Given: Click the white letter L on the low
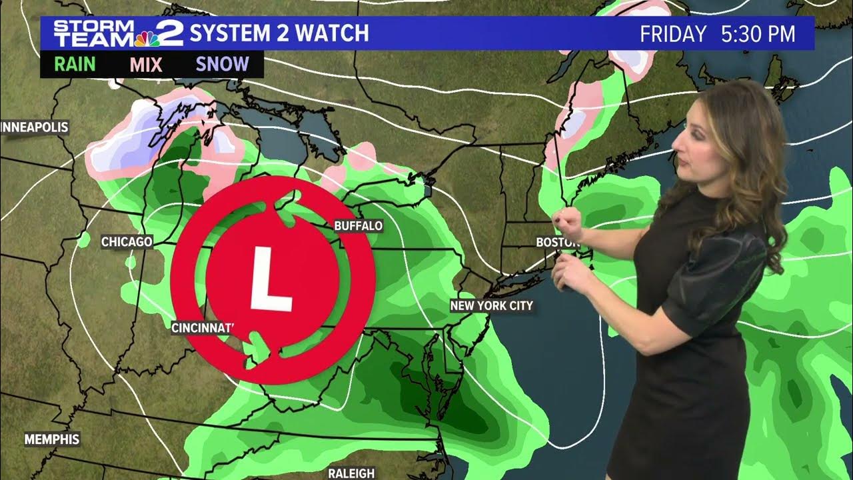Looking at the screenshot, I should click(x=271, y=279).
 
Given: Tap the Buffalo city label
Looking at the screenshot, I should click(x=359, y=226).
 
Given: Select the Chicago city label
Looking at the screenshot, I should click(x=127, y=241).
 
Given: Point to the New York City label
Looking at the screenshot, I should click(x=492, y=306).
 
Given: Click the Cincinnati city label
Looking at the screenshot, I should click(x=203, y=327).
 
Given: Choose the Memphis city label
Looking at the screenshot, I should click(x=52, y=439).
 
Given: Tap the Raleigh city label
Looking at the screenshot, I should click(x=351, y=473).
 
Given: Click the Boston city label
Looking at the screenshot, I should click(x=554, y=243).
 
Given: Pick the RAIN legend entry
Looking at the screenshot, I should click(x=75, y=65).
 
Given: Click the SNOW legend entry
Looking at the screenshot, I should click(x=223, y=65).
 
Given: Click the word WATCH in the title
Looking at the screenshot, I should click(x=327, y=33).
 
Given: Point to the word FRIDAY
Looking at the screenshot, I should click(x=672, y=34).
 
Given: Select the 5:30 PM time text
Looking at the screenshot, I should click(x=758, y=34).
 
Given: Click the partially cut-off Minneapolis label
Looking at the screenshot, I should click(x=35, y=127).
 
